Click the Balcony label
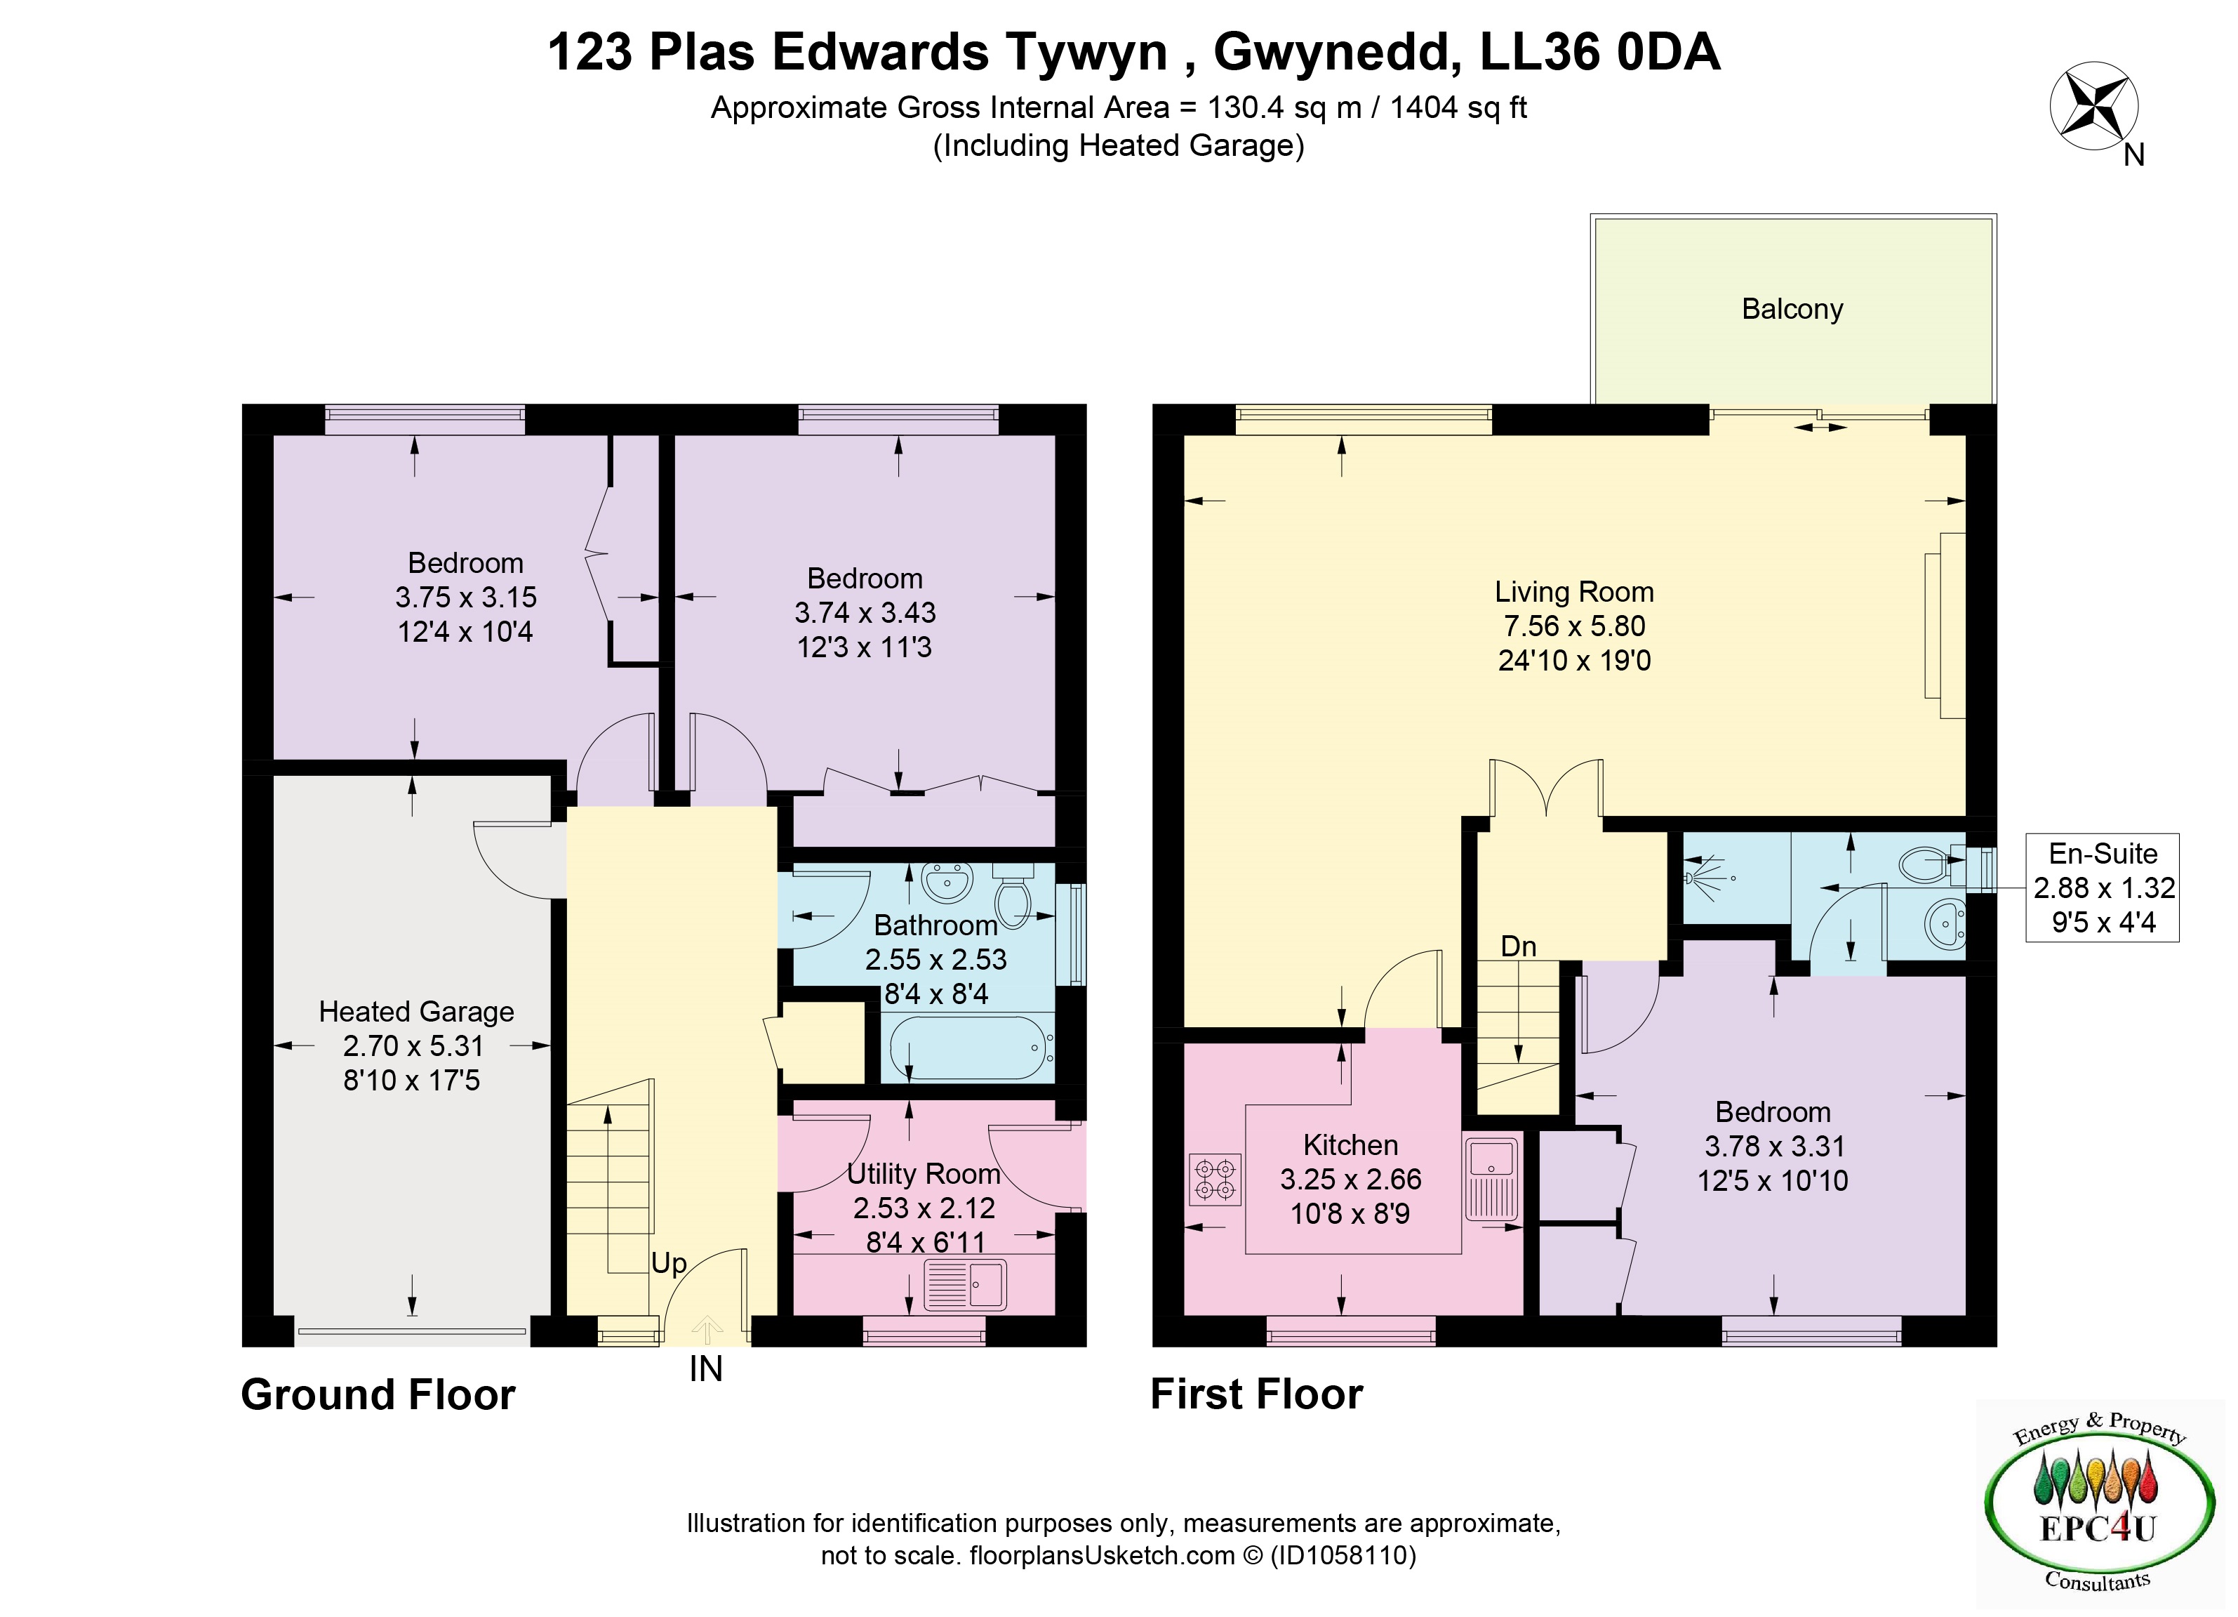tap(1792, 309)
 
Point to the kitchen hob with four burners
tap(1215, 1180)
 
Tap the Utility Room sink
tap(965, 1284)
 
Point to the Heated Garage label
tap(415, 1012)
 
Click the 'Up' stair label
tap(669, 1265)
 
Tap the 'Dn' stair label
tap(1519, 946)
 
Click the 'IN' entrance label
tap(705, 1369)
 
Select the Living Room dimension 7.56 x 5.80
tap(1574, 626)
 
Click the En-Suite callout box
tap(2103, 887)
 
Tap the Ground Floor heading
tap(378, 1395)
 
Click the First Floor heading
tap(1257, 1394)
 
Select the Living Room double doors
tap(1546, 787)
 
